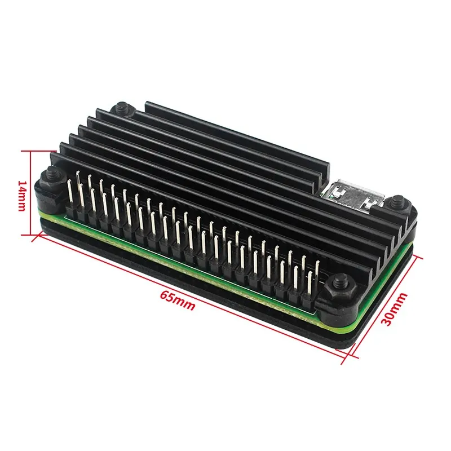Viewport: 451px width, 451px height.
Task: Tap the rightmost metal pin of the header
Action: point(311,282)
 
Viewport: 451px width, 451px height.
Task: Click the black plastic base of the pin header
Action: point(186,247)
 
